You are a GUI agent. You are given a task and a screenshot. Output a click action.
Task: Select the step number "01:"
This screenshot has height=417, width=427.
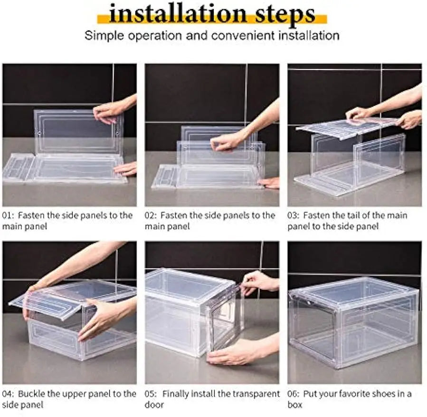[x=9, y=215]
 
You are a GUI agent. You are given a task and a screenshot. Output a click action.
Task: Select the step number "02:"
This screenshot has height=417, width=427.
[x=152, y=215]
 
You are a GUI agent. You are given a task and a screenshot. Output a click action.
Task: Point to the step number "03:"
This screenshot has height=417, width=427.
[x=294, y=215]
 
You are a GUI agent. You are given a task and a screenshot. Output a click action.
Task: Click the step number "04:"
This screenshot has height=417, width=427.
[x=9, y=394]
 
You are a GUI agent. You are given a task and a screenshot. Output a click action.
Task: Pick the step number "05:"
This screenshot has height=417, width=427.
[x=152, y=394]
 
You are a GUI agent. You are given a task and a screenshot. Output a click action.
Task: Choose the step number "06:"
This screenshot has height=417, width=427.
[x=294, y=394]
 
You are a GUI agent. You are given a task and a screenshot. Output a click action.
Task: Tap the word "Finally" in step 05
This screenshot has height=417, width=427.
[x=177, y=394]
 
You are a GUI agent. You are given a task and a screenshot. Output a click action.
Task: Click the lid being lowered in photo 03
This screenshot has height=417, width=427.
[x=347, y=127]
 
